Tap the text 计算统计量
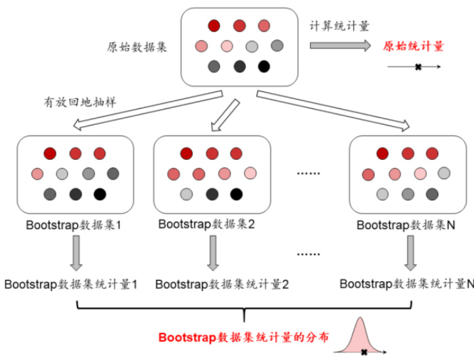tap(339, 26)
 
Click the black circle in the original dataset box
tap(264, 66)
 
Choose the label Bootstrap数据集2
tap(212, 224)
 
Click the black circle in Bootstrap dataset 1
tap(100, 195)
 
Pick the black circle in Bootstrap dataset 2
tap(236, 195)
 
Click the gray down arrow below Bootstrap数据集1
tap(75, 252)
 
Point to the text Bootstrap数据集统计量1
tap(71, 284)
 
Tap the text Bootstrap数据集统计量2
tap(222, 284)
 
